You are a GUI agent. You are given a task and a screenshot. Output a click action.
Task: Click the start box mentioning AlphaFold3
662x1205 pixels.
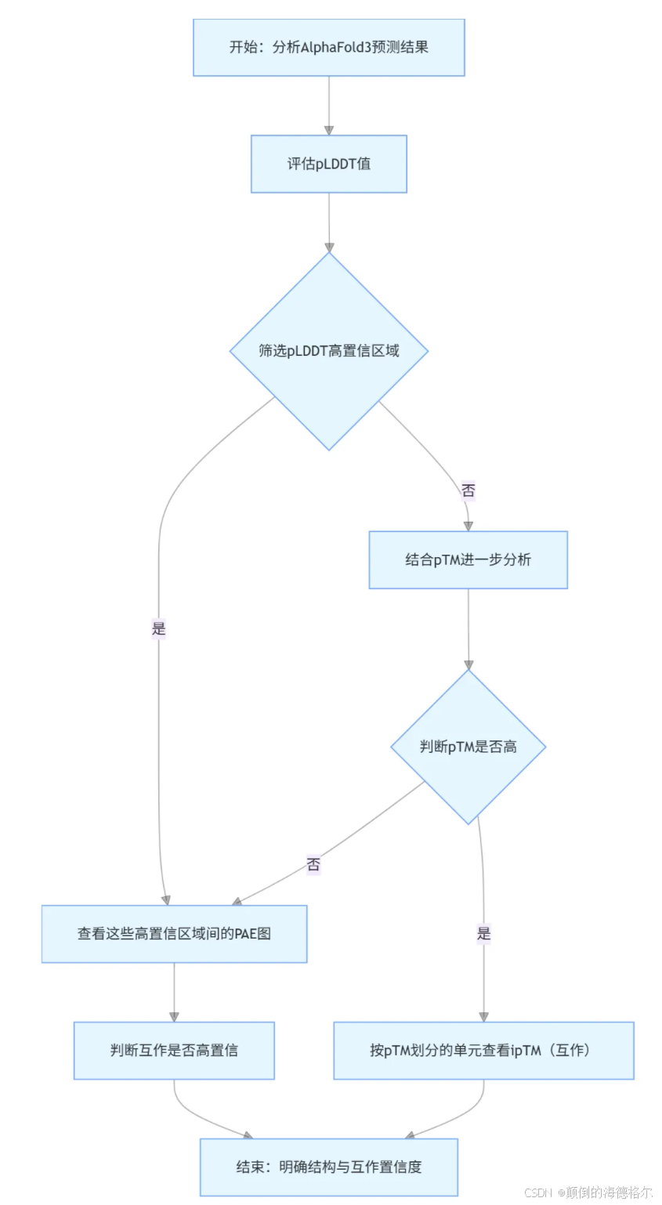(328, 47)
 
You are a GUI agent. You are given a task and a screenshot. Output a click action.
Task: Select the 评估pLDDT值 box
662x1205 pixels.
(328, 164)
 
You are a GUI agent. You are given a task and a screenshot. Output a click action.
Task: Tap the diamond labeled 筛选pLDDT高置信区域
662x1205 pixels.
(328, 350)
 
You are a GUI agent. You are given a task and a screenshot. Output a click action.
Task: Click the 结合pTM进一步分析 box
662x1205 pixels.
(468, 559)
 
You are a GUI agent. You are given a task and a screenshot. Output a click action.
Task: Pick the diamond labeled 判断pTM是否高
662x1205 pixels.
(468, 747)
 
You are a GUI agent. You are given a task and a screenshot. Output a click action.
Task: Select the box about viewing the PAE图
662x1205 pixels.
(174, 934)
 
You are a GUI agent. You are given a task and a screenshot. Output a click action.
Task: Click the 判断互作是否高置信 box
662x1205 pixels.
(174, 1051)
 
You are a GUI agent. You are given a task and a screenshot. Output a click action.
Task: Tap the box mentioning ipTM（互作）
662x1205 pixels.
(483, 1051)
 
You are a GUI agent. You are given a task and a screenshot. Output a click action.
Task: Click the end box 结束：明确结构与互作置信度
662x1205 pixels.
(328, 1167)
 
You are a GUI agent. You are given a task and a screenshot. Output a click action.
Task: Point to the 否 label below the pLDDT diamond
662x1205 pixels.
(468, 491)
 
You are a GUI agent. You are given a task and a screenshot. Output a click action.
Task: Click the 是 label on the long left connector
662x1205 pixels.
(159, 628)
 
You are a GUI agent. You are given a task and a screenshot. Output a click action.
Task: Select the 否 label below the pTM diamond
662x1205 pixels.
(313, 865)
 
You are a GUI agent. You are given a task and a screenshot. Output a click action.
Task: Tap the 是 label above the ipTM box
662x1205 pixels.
(483, 933)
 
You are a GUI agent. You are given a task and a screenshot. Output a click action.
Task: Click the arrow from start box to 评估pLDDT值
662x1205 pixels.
(328, 106)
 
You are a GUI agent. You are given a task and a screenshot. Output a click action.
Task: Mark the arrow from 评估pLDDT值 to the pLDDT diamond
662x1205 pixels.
(328, 223)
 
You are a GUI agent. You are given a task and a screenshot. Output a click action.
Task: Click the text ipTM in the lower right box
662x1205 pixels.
(526, 1051)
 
